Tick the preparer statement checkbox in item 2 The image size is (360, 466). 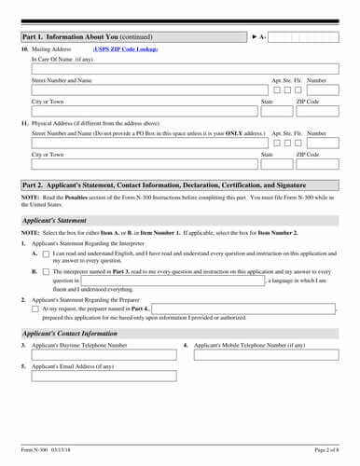point(35,308)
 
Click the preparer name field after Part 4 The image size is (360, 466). point(242,308)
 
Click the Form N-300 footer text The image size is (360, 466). point(46,451)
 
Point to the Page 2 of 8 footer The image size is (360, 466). point(325,451)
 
